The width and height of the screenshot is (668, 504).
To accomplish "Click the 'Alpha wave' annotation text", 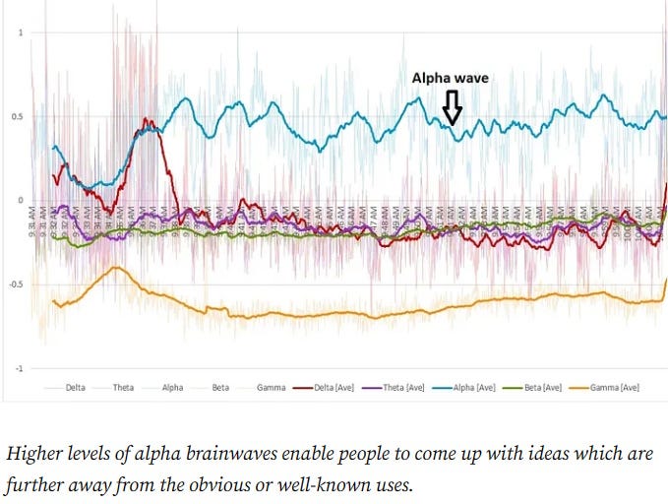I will [x=450, y=78].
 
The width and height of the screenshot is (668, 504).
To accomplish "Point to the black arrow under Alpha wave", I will [x=452, y=107].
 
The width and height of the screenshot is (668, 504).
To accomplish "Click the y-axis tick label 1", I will [x=21, y=32].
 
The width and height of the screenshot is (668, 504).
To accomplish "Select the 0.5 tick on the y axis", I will [x=17, y=117].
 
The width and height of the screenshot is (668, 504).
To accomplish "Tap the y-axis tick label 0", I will [x=21, y=201].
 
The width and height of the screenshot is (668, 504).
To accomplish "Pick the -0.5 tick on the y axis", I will [x=15, y=284].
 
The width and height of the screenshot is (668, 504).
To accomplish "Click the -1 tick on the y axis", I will [x=19, y=368].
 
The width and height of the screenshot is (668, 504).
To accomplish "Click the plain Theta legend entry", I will [x=123, y=388].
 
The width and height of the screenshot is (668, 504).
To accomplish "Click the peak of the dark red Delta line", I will [x=147, y=121].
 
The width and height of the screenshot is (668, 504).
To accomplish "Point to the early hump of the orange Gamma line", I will [x=117, y=268].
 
